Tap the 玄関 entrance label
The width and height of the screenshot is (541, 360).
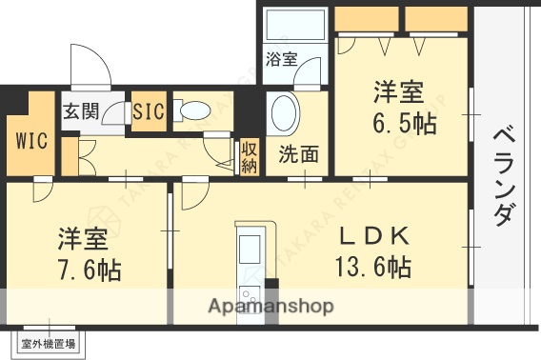click(x=81, y=111)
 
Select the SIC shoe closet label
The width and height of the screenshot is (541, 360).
click(x=149, y=111)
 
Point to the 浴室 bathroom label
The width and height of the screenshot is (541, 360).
click(x=281, y=59)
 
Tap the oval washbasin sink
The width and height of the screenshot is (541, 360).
click(x=285, y=114)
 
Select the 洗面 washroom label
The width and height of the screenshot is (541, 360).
click(x=298, y=155)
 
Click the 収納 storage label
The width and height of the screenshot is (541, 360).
click(x=249, y=157)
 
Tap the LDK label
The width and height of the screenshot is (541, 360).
click(x=373, y=235)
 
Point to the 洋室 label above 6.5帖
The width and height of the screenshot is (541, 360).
click(x=397, y=94)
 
